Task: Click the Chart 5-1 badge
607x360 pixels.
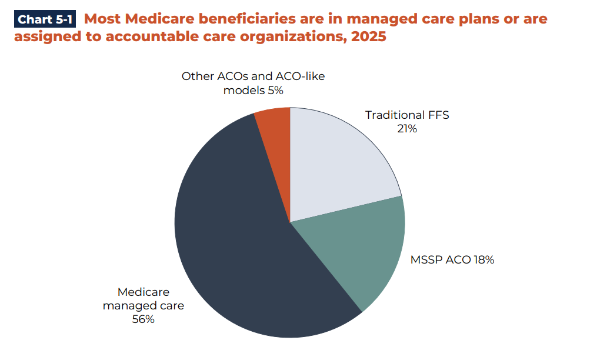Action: coord(45,19)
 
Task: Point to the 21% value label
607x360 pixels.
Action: coord(406,128)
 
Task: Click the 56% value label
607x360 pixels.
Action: coord(143,319)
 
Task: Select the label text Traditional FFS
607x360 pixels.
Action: coord(406,115)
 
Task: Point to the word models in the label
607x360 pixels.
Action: coord(244,91)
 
